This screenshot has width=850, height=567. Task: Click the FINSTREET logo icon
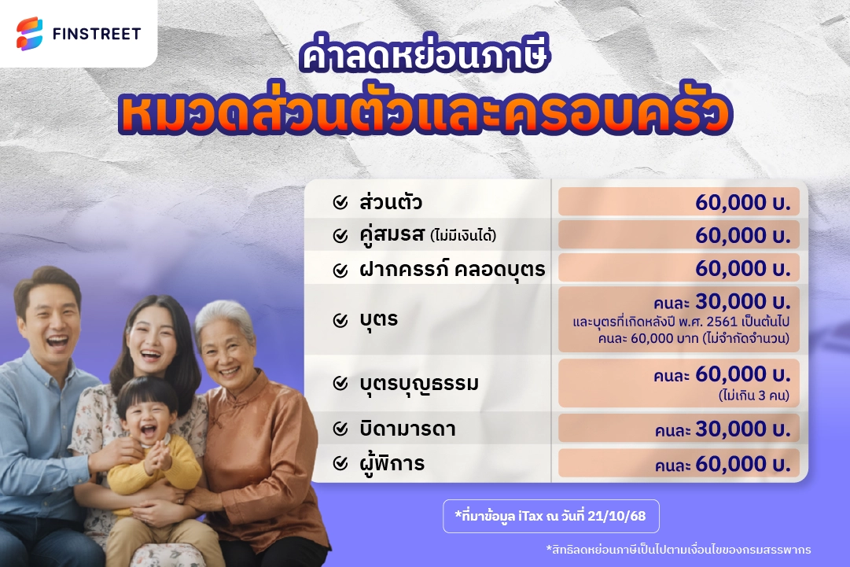pos(30,34)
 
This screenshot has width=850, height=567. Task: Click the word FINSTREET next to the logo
pos(96,34)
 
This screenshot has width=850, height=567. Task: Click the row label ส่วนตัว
pos(391,202)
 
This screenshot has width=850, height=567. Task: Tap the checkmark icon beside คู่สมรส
pos(340,235)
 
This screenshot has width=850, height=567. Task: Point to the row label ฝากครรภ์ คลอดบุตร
pos(452,270)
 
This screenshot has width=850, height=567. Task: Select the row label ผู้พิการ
pos(391,464)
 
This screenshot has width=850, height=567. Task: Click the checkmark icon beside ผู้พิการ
pos(340,464)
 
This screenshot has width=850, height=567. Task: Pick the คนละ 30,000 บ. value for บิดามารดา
pos(721,429)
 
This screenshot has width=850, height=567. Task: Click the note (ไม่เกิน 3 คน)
pos(754,395)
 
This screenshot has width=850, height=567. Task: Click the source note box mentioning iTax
pos(551,516)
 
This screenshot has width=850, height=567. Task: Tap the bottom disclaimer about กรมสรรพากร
pos(678,549)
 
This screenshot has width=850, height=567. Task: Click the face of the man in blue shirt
pos(50,322)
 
